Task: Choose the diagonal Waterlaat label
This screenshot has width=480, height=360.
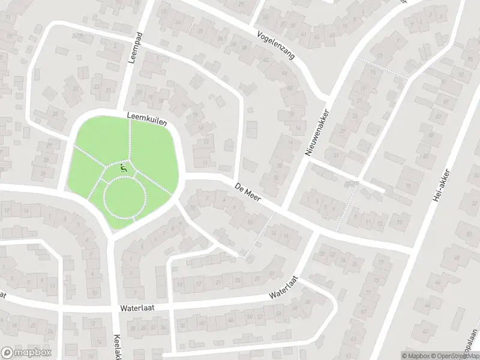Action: click(x=284, y=287)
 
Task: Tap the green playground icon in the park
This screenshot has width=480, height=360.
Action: click(x=124, y=169)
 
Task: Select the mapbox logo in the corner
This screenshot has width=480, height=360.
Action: click(x=25, y=352)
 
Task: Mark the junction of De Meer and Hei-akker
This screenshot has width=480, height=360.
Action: click(x=412, y=247)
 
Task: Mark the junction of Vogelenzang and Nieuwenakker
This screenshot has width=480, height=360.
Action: click(x=328, y=98)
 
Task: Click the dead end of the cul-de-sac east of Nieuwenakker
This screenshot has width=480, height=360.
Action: click(x=383, y=191)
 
